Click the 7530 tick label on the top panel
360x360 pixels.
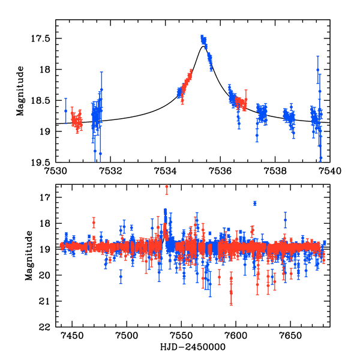point(56,170)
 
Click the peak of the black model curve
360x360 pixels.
point(204,47)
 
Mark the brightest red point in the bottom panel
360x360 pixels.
point(167,187)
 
